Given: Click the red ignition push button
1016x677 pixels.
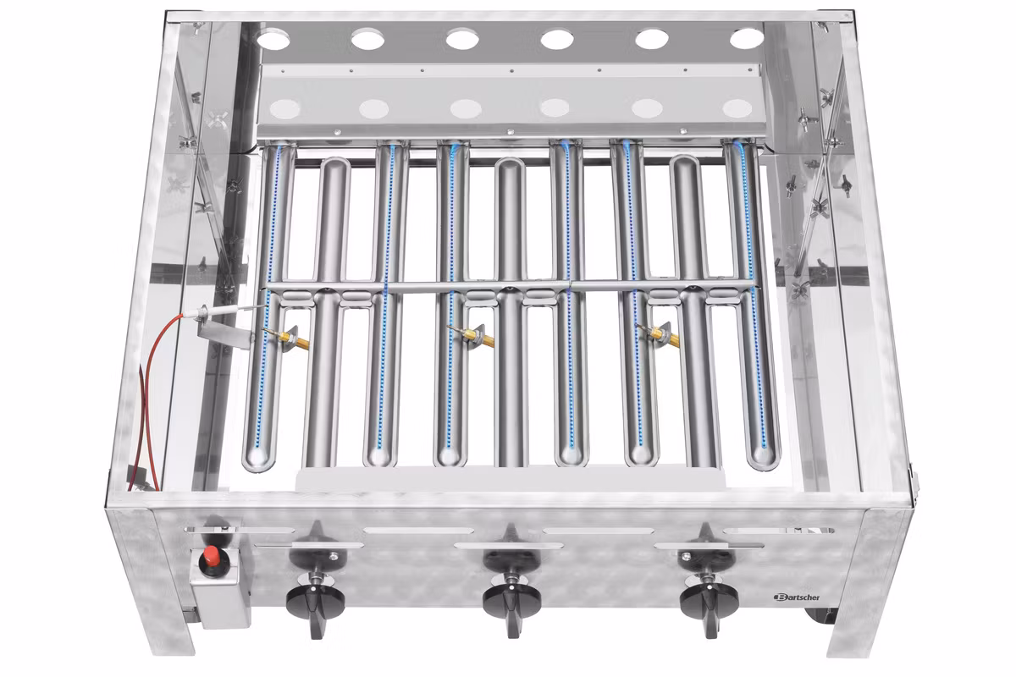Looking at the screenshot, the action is [210, 555].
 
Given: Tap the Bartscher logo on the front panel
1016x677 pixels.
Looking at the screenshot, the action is [797, 597].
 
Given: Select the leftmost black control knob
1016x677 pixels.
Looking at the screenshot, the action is [315, 603].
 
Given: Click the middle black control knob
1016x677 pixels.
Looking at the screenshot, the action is [511, 603].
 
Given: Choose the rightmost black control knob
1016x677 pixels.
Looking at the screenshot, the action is [709, 603].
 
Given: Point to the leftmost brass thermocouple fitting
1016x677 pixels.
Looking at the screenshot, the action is [286, 338].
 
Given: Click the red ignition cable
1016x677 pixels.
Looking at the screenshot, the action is [150, 399].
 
